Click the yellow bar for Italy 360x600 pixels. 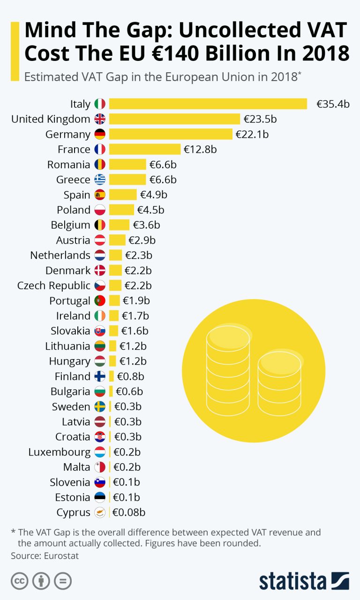(208, 104)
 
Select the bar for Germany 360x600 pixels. (171, 135)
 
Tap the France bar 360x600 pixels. (145, 150)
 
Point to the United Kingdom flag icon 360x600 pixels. (100, 119)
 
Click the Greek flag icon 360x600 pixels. (100, 180)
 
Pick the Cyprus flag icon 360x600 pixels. (100, 512)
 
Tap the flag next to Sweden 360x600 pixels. (100, 406)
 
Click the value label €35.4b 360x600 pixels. (333, 104)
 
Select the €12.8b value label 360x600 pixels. (200, 150)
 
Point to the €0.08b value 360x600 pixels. (129, 512)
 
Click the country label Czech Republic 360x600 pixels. (53, 285)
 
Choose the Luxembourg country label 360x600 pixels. (59, 452)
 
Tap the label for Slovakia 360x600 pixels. (70, 331)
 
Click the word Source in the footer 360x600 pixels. (24, 556)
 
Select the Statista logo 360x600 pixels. (304, 581)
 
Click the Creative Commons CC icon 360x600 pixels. (19, 581)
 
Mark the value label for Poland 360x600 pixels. (150, 210)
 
